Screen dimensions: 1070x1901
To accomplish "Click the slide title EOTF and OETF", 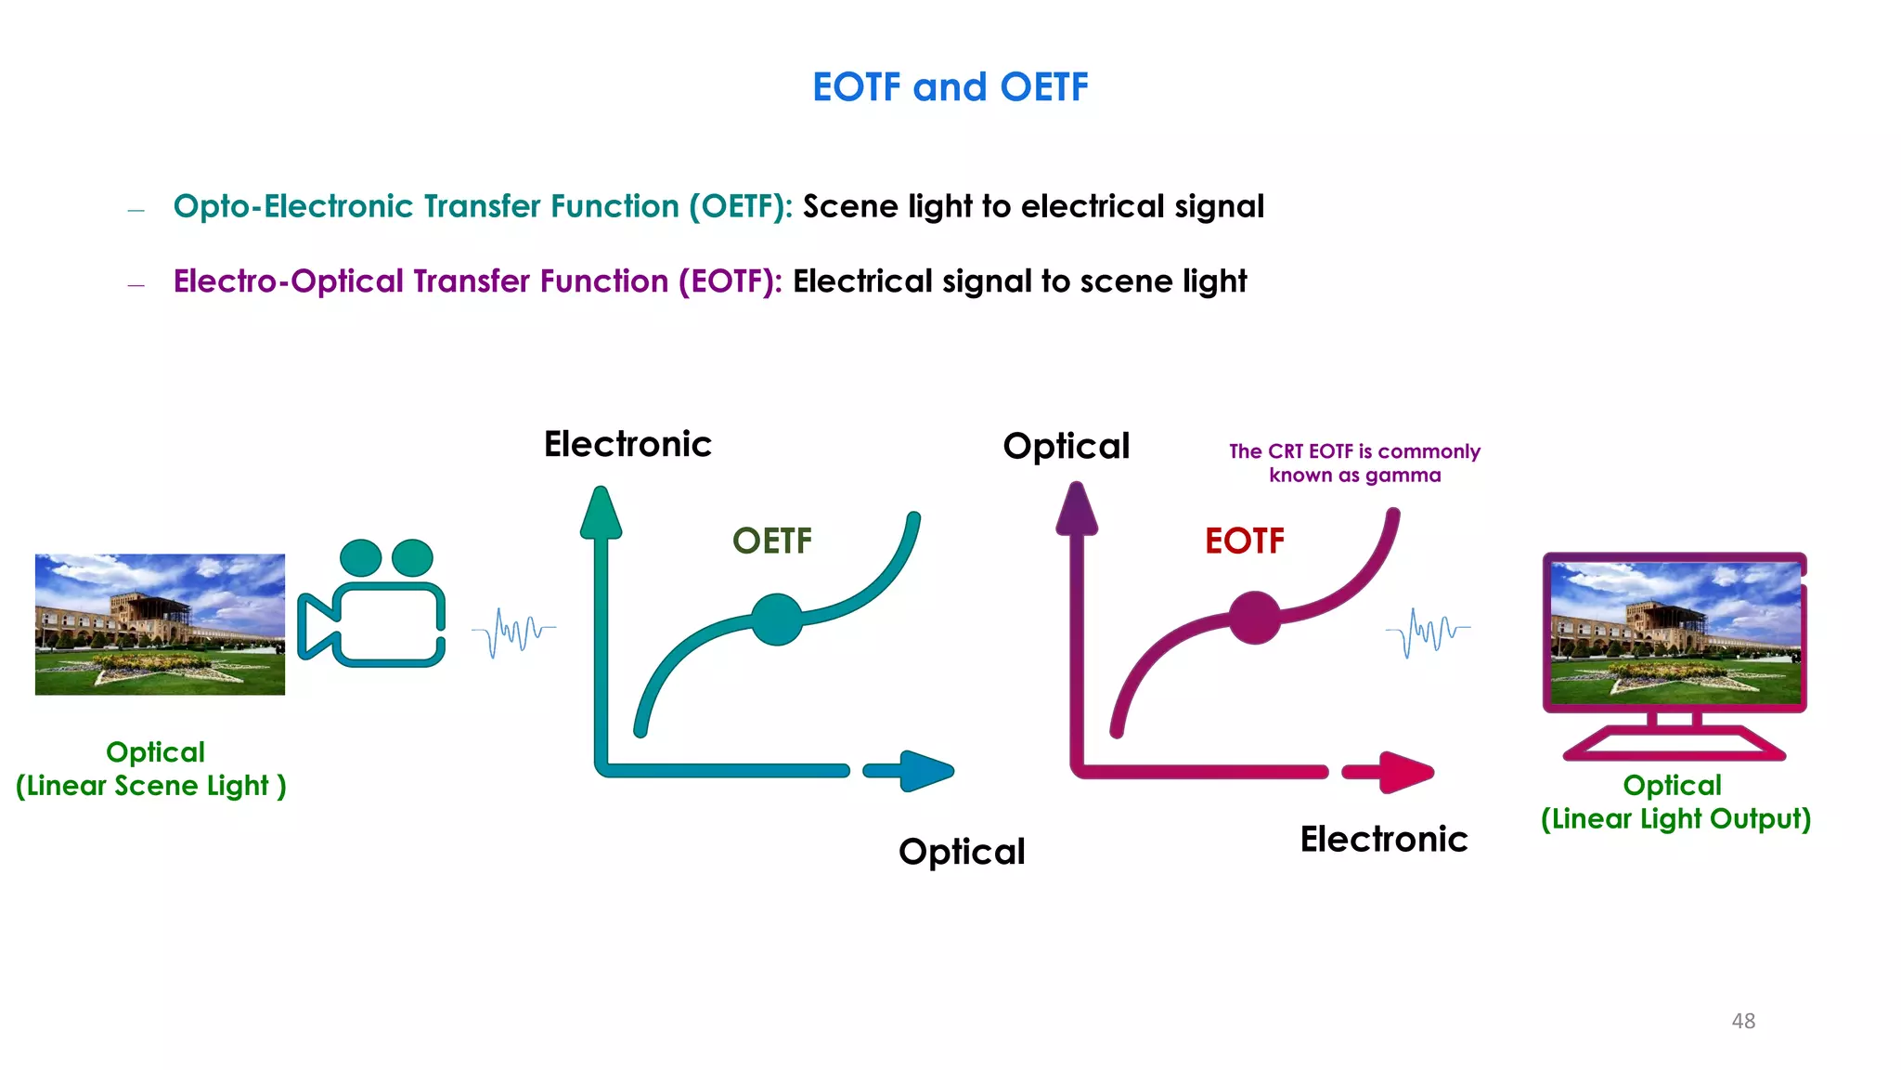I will tap(950, 87).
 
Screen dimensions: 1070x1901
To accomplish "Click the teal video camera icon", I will tap(372, 604).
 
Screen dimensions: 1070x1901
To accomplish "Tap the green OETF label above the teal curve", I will tap(771, 541).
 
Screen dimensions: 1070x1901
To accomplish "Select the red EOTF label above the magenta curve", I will tap(1244, 541).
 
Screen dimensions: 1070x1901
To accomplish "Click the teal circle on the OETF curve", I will tap(776, 620).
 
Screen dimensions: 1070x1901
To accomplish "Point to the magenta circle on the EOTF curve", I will tap(1254, 618).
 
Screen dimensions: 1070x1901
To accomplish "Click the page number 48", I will tap(1743, 1021).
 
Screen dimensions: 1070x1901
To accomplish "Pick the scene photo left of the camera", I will tap(160, 624).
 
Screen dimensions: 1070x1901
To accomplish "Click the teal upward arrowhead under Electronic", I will tap(601, 514).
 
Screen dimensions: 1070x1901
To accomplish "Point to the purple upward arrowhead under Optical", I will tap(1077, 510).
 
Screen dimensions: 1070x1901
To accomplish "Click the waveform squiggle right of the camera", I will tap(513, 633).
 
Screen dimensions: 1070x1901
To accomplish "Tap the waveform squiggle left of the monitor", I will tap(1427, 633).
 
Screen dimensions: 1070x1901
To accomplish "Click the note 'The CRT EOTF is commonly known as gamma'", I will tap(1354, 463).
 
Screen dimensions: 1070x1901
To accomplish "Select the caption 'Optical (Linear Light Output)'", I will tap(1675, 802).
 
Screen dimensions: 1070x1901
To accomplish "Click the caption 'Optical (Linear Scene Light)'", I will tap(151, 768).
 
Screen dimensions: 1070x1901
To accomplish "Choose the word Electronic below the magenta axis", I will tap(1383, 840).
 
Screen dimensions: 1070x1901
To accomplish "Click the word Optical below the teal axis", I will tap(962, 852).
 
